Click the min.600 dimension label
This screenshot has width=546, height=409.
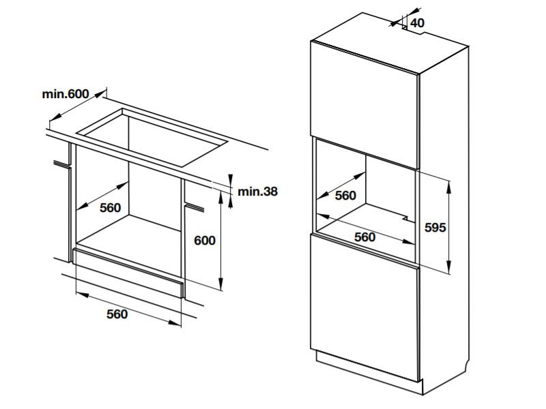tap(65, 94)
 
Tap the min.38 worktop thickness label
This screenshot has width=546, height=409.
tap(258, 192)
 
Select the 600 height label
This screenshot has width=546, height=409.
tap(205, 241)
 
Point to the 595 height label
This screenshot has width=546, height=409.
tap(435, 228)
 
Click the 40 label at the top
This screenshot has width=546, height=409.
tap(417, 23)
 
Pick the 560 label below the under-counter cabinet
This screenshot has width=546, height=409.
tap(117, 314)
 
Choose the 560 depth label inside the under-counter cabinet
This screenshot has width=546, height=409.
tap(111, 208)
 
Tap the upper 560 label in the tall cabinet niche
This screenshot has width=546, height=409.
tap(345, 196)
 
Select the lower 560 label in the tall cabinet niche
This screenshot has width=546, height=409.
tap(365, 237)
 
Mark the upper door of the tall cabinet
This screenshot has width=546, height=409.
tap(365, 104)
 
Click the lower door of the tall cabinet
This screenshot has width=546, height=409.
tap(365, 307)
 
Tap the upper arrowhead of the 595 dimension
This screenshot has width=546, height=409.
tap(449, 187)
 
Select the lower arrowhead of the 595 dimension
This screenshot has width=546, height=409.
tap(449, 267)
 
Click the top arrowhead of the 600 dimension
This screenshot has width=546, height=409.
tap(220, 198)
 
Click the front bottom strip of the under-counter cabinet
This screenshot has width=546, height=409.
tap(128, 273)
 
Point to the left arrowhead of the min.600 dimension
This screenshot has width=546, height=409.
tap(56, 117)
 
